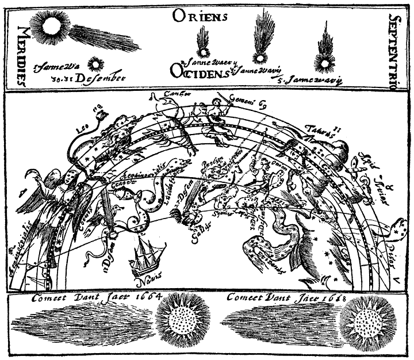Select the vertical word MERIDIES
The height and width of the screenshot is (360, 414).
pos(21,56)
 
